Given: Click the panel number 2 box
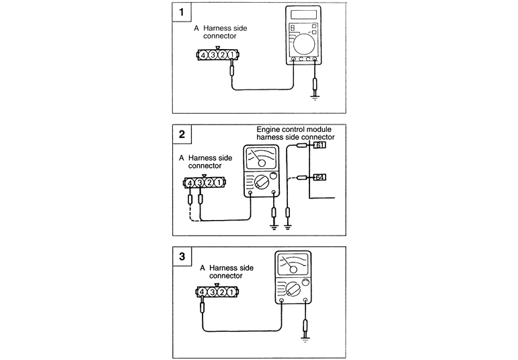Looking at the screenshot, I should pyautogui.click(x=180, y=134).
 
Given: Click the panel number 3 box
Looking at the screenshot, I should pyautogui.click(x=181, y=256).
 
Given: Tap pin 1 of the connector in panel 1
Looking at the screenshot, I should pyautogui.click(x=231, y=55).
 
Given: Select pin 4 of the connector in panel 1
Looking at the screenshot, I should pyautogui.click(x=202, y=55).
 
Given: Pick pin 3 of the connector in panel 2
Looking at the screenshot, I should pyautogui.click(x=200, y=182).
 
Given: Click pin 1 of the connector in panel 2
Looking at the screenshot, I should pyautogui.click(x=220, y=182).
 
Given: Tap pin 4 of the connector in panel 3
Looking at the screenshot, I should pyautogui.click(x=202, y=292).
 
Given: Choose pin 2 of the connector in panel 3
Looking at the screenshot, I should pyautogui.click(x=221, y=292).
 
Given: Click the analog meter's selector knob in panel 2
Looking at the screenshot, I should pyautogui.click(x=258, y=182).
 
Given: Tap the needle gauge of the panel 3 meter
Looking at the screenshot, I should pyautogui.click(x=291, y=263).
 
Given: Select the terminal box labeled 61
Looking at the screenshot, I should pyautogui.click(x=320, y=145).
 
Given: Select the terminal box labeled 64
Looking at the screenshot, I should pyautogui.click(x=320, y=178).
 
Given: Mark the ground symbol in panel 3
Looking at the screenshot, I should pyautogui.click(x=305, y=340).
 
